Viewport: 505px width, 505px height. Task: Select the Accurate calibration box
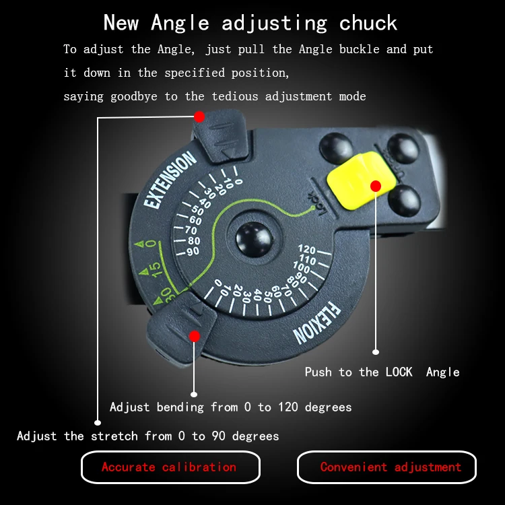[x=170, y=467]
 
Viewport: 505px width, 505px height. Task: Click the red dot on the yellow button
[x=376, y=186]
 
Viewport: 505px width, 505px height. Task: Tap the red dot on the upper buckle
[x=199, y=116]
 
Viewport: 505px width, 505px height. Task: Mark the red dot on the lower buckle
[x=194, y=335]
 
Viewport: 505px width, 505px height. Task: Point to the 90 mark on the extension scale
[x=193, y=251]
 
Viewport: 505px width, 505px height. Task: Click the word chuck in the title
[x=368, y=24]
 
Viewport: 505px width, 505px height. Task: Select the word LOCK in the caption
[x=399, y=372]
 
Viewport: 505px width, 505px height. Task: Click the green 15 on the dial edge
[x=154, y=269]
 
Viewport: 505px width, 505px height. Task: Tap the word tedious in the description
[x=238, y=96]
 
